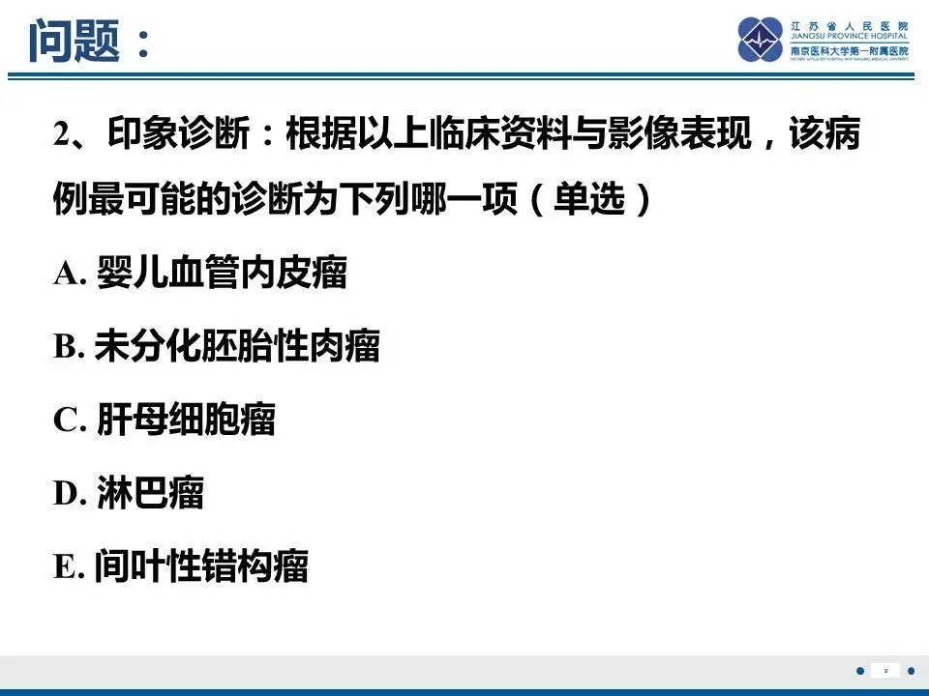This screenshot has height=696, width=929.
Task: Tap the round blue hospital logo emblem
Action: tap(760, 41)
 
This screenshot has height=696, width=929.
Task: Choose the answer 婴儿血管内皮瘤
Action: tap(222, 274)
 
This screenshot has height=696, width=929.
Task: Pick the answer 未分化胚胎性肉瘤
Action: tap(237, 346)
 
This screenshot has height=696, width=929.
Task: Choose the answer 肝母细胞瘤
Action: tap(186, 420)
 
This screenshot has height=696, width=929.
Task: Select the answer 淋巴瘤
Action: tap(150, 493)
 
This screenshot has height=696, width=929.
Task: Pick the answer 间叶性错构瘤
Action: tap(201, 566)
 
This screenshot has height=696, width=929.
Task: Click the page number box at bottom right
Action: tap(885, 670)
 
